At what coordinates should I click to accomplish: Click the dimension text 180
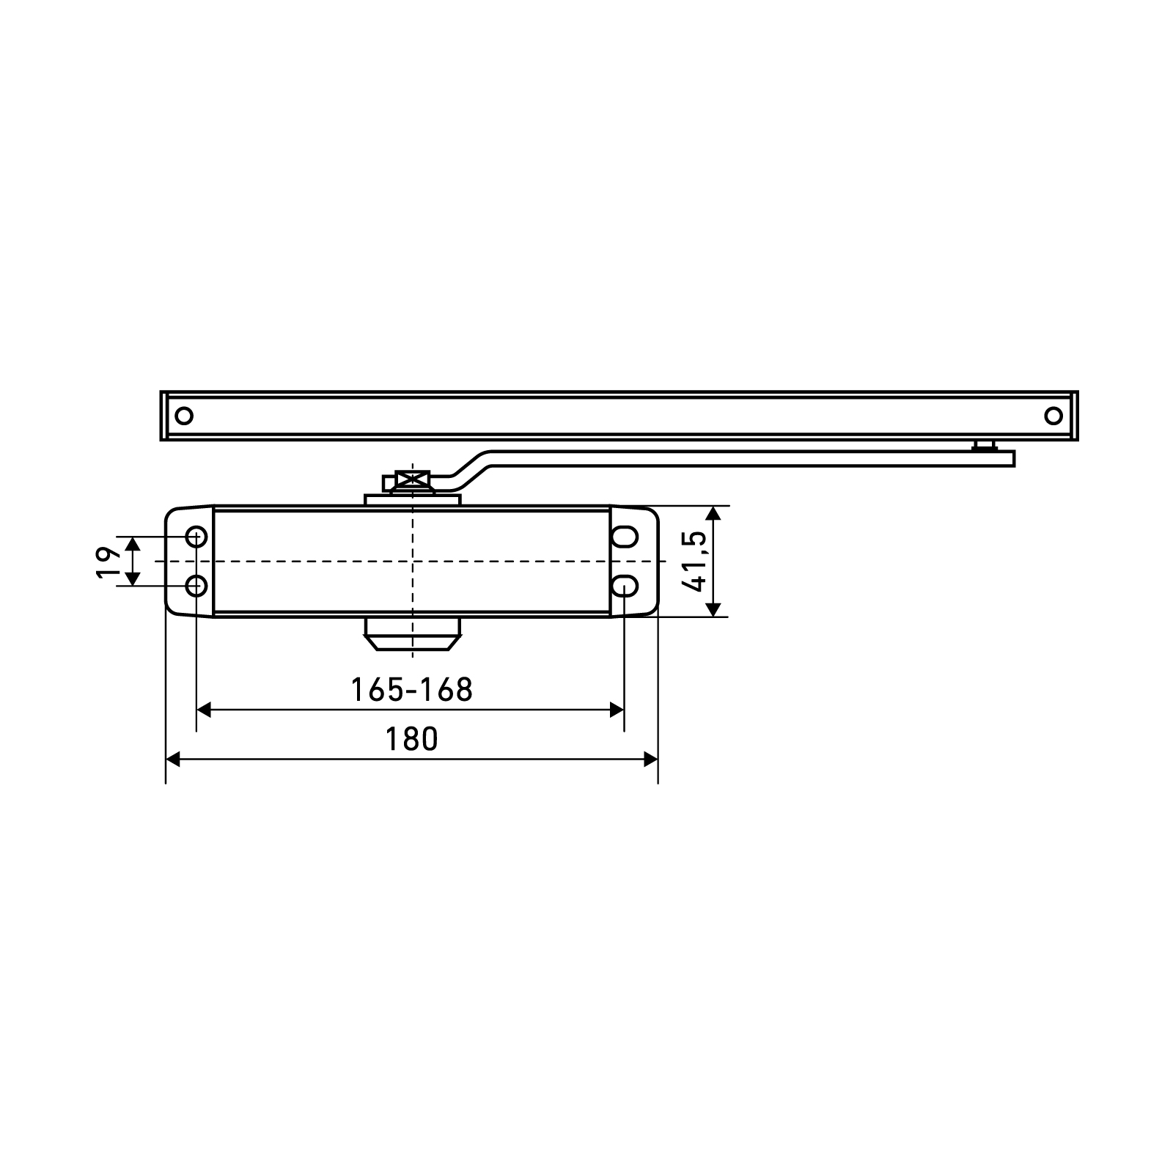coord(411,739)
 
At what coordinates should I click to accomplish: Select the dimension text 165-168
coord(411,690)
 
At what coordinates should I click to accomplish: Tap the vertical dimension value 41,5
coord(694,561)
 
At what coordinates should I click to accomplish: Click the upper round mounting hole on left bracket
coord(196,537)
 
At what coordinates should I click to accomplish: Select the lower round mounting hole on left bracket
coord(196,586)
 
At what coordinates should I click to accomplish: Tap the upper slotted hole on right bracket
coord(625,537)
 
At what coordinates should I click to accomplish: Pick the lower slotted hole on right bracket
coord(625,586)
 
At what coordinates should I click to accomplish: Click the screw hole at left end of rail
coord(184,416)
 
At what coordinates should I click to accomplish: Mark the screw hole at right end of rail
coord(1053,416)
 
